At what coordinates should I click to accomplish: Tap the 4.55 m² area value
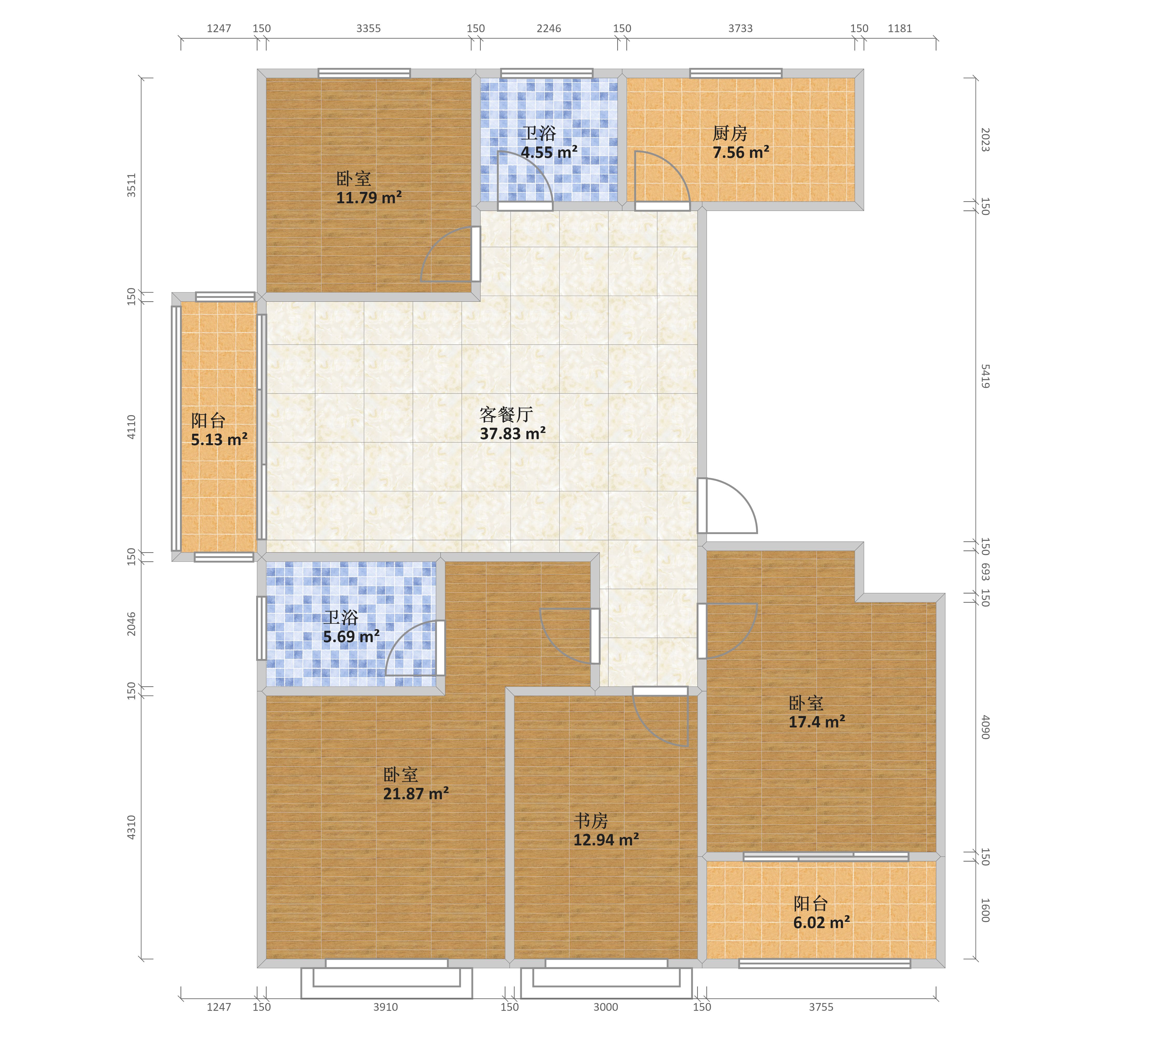(x=549, y=152)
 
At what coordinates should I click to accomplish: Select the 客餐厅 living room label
(x=506, y=414)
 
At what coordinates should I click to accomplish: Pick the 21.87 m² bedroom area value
(x=416, y=794)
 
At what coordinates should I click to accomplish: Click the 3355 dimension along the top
(x=368, y=29)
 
